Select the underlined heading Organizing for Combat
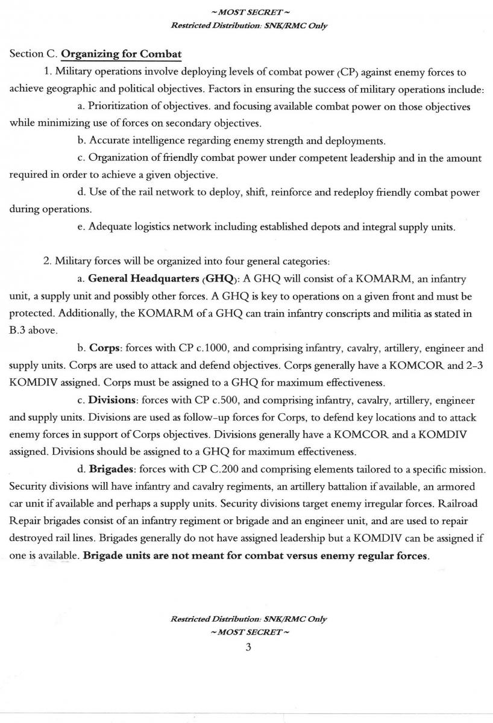tap(121, 54)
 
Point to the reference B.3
tap(19, 331)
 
